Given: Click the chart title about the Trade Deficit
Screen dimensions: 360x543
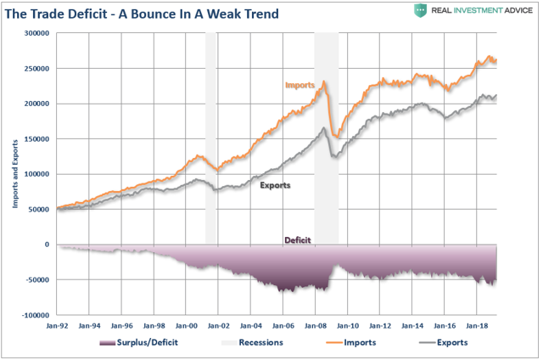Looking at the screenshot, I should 145,13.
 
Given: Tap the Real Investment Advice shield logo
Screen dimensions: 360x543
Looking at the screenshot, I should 420,10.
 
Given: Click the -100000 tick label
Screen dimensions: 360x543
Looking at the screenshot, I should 32,315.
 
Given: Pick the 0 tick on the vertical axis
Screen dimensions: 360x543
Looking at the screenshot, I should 46,245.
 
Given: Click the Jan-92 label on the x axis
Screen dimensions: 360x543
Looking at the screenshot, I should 57,325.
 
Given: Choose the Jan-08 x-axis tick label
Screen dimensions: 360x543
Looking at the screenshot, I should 316,325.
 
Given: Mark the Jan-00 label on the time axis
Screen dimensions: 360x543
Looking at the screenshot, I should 187,325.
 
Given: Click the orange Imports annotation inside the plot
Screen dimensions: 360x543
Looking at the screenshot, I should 299,85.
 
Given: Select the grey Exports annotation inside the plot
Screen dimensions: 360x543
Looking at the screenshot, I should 273,184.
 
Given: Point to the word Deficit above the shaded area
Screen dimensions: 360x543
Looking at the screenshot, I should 297,240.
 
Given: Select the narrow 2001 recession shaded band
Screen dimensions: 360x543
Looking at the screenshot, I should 211,136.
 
